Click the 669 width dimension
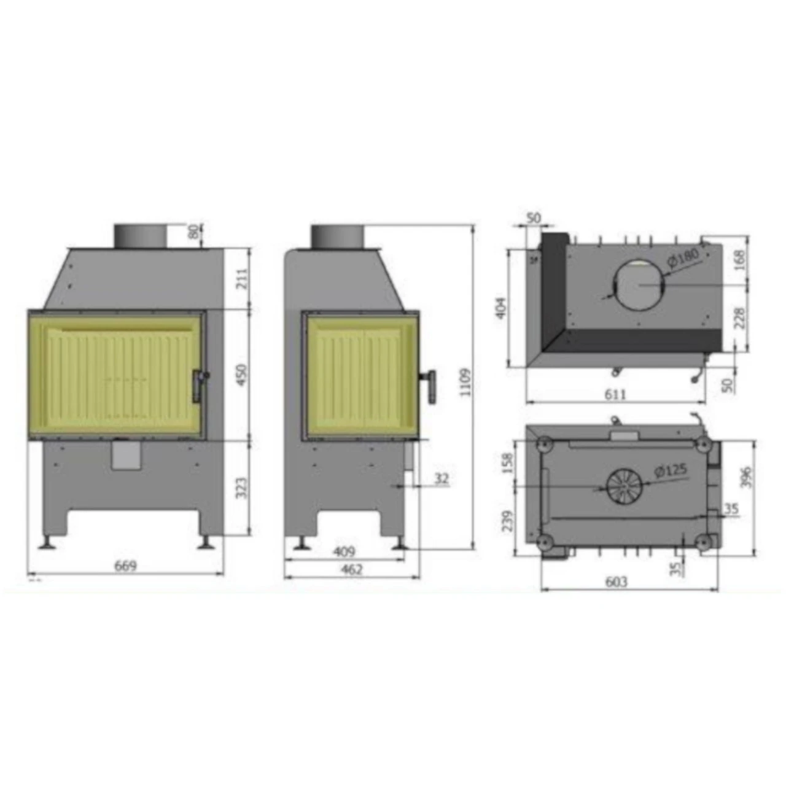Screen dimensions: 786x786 [125, 566]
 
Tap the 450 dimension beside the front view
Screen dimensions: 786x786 [241, 375]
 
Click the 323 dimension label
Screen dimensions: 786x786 [241, 488]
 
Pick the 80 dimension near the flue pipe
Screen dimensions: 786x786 [194, 232]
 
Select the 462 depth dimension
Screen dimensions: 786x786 [351, 569]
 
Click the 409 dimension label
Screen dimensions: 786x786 [344, 551]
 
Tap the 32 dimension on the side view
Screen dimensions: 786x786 [441, 478]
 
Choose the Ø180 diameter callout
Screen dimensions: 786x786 [683, 257]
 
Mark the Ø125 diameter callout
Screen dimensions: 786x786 [671, 471]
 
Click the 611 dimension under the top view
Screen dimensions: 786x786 [615, 394]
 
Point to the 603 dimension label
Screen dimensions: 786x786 [616, 581]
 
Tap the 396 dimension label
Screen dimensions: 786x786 [745, 477]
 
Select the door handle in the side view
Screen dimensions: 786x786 [432, 386]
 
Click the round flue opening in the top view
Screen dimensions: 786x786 [640, 284]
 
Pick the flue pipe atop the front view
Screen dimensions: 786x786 [140, 236]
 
